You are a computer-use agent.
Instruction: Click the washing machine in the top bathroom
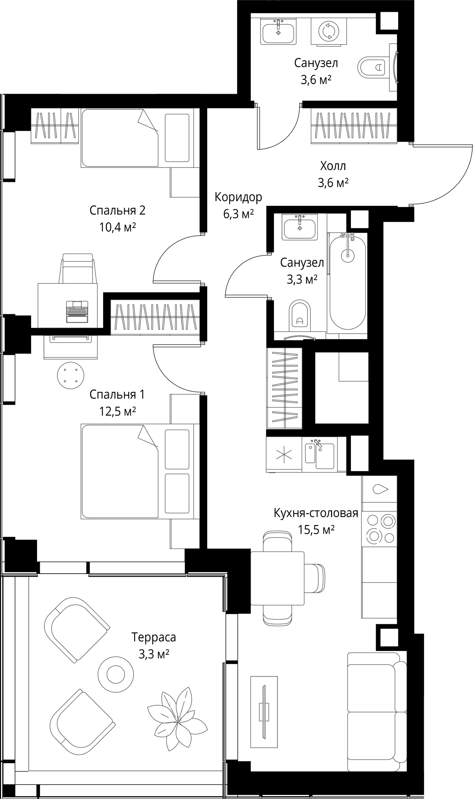click(x=329, y=32)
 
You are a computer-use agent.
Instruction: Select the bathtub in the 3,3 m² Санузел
click(x=348, y=281)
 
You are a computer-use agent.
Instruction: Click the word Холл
click(x=333, y=166)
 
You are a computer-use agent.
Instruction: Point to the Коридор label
click(x=238, y=198)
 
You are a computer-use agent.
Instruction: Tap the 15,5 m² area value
click(x=316, y=529)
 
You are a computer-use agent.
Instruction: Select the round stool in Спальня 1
click(x=71, y=375)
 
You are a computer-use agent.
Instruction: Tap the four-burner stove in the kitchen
click(x=380, y=529)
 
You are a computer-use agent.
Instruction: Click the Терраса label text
click(x=154, y=637)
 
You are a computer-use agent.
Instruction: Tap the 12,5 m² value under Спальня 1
click(x=117, y=411)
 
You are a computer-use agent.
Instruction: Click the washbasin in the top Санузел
click(x=278, y=31)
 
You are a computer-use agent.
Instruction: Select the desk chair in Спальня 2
click(x=78, y=268)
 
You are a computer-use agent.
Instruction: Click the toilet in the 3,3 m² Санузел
click(x=300, y=315)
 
